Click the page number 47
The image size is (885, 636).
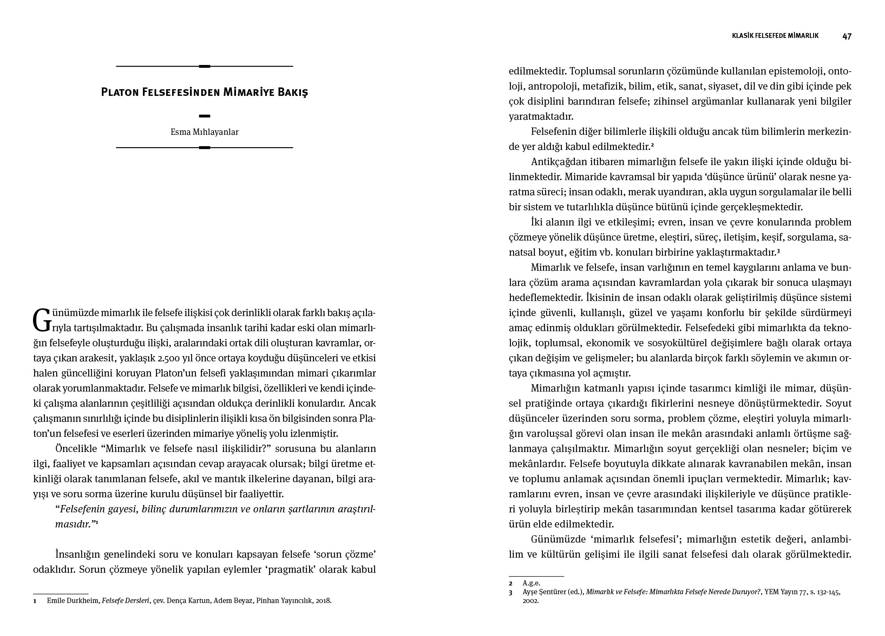tap(847, 36)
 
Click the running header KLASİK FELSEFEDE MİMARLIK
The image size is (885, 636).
tap(775, 36)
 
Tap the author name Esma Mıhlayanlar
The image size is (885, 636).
tap(204, 132)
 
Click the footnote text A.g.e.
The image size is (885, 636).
tap(531, 583)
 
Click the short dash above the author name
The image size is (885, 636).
tap(204, 116)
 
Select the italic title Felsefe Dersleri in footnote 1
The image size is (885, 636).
tap(126, 601)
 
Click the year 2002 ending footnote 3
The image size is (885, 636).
tap(530, 601)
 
